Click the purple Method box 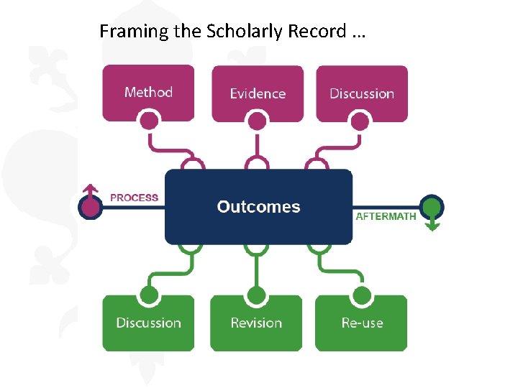point(148,92)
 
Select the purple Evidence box point(257,93)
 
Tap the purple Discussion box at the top point(362,93)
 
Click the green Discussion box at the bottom point(148,323)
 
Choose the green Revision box point(256,323)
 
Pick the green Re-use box point(362,323)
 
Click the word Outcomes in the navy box point(258,207)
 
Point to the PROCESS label point(134,198)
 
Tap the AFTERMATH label point(386,216)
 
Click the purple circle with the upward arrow point(90,208)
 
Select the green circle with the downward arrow point(432,208)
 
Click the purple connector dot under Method point(149,121)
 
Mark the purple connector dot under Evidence point(256,121)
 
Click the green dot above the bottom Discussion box point(149,295)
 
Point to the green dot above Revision point(256,295)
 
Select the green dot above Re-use point(362,295)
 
